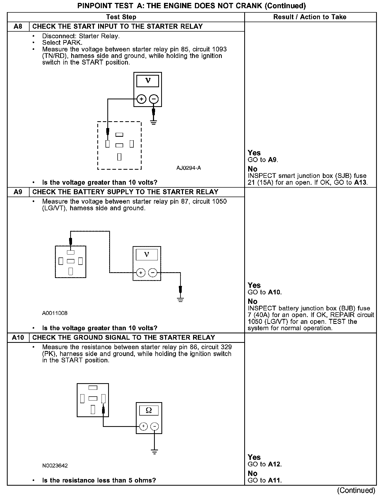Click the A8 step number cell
click(18, 27)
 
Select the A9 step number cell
click(18, 192)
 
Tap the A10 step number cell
click(18, 338)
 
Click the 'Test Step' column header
click(121, 17)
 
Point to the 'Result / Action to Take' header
click(310, 17)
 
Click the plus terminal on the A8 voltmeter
click(142, 99)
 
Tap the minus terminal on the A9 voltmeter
click(153, 272)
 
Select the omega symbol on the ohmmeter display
click(149, 410)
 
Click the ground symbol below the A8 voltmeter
click(154, 122)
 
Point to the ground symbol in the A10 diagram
click(155, 452)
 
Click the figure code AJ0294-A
click(189, 168)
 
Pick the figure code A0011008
click(55, 313)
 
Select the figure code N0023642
click(55, 466)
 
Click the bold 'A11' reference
click(275, 480)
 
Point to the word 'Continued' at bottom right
click(356, 490)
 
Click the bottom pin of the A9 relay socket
click(71, 271)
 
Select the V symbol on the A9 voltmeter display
click(147, 255)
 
